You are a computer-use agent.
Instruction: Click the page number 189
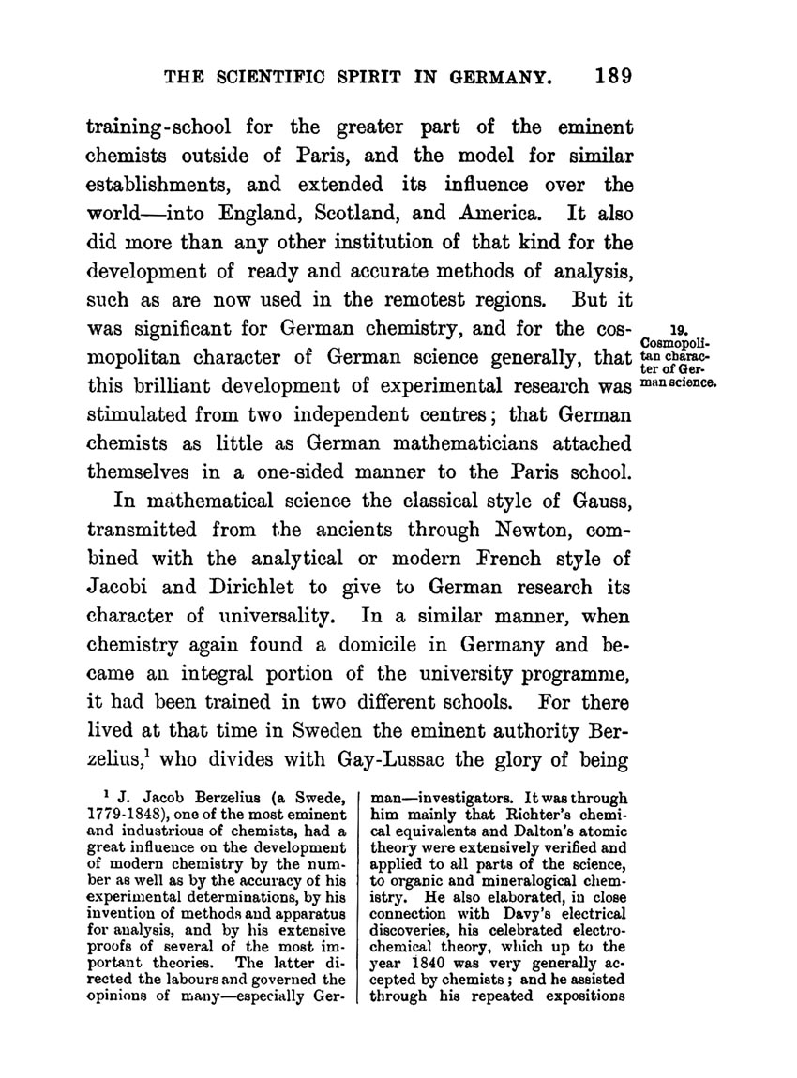pos(606,73)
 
